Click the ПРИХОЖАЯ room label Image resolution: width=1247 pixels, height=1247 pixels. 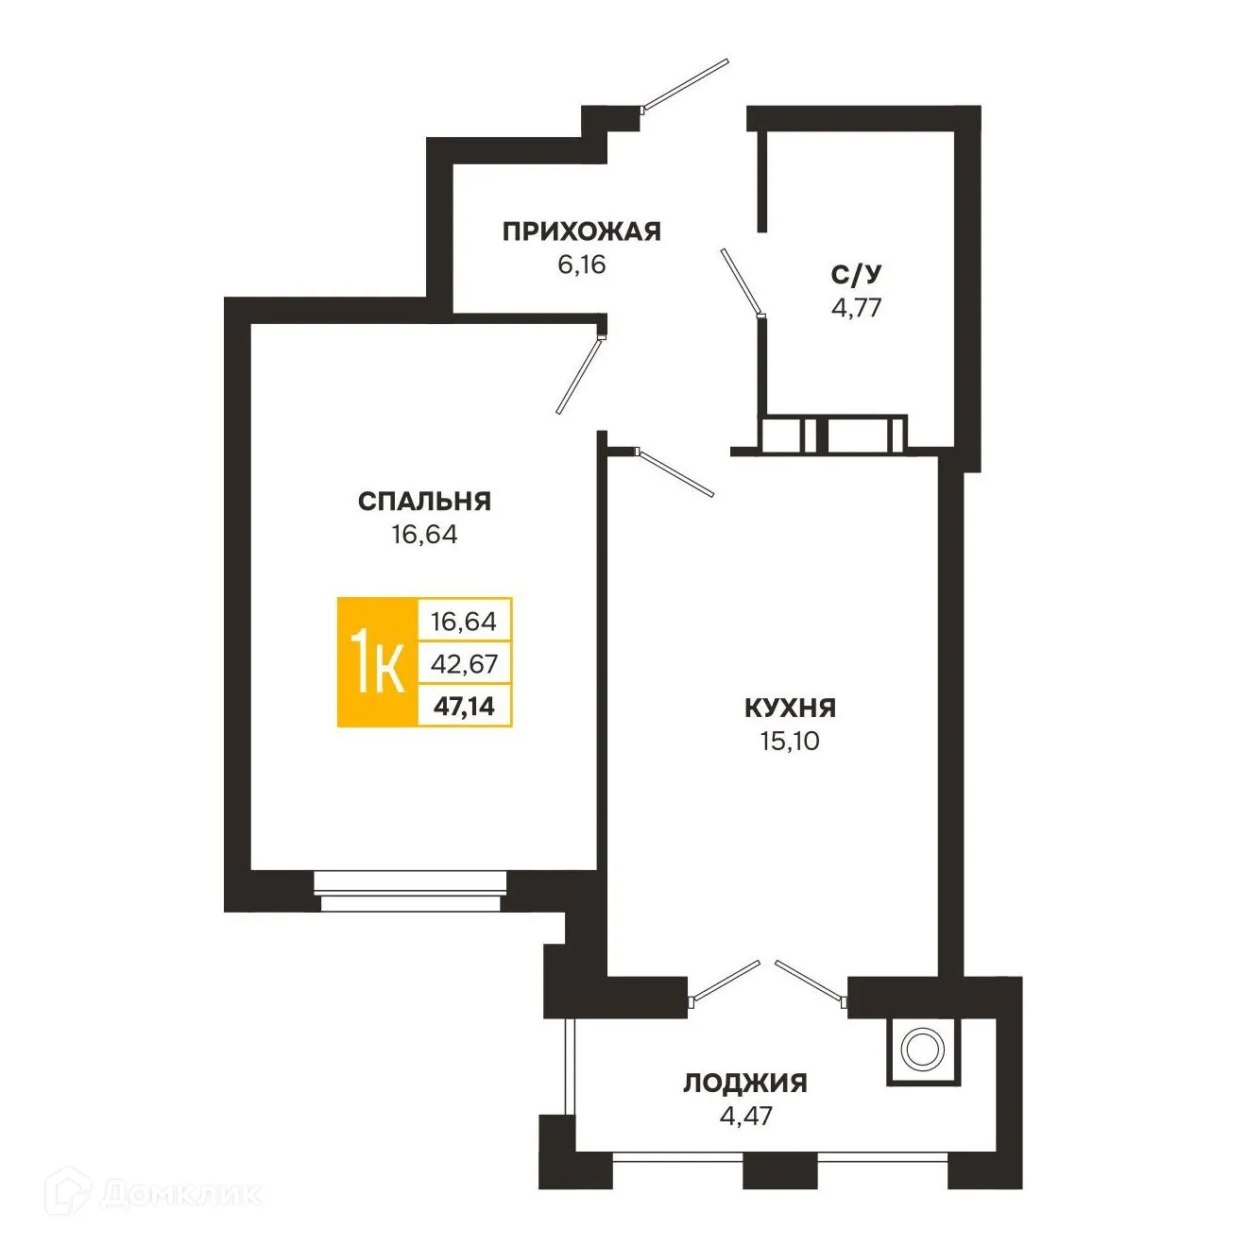point(581,231)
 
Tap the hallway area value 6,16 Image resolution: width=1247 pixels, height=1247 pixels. point(581,265)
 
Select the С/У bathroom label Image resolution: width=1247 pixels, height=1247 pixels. point(856,274)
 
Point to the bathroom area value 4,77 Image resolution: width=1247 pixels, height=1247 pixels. point(856,308)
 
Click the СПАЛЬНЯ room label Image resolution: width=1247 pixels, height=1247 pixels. point(424,501)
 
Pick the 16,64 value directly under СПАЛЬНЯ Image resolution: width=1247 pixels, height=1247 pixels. point(424,535)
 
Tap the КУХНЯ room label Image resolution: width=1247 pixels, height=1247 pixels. point(790,708)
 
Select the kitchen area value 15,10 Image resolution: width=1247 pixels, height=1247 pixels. point(790,742)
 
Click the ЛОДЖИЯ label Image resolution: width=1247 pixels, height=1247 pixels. point(745,1083)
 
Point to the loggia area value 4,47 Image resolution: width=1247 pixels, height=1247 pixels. point(745,1117)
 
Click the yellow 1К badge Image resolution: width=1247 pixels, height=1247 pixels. point(378,662)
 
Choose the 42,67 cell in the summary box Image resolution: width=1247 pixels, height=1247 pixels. point(464,663)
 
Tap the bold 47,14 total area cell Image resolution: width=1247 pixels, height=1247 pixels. point(464,705)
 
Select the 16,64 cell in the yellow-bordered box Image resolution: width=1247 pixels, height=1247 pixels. point(464,622)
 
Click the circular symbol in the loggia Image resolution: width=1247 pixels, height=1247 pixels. point(922,1050)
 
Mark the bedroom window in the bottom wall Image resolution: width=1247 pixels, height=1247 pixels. point(410,891)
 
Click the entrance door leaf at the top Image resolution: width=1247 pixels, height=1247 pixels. point(686,85)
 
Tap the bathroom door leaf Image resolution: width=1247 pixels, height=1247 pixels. point(741,282)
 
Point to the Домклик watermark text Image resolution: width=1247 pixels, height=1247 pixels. point(179,1193)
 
